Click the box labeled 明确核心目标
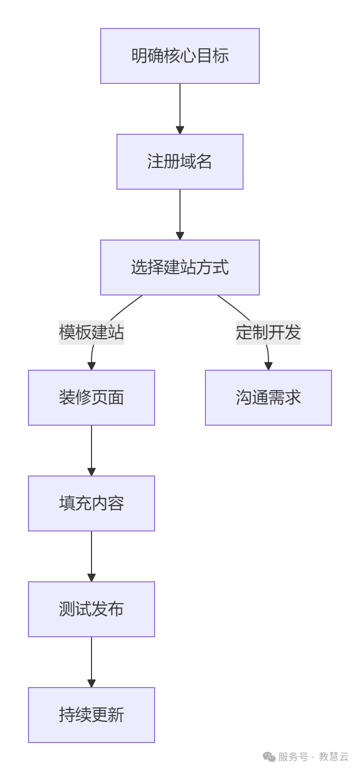180,56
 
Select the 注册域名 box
180,162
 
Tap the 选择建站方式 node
180,268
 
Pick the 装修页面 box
92,398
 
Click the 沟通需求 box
268,398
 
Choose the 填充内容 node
92,503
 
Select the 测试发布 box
92,609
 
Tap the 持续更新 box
92,715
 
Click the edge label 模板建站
92,333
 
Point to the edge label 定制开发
268,333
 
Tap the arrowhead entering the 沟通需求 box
268,366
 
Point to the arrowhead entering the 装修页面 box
92,366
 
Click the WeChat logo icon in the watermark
269,757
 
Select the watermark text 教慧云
334,757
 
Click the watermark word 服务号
293,757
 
